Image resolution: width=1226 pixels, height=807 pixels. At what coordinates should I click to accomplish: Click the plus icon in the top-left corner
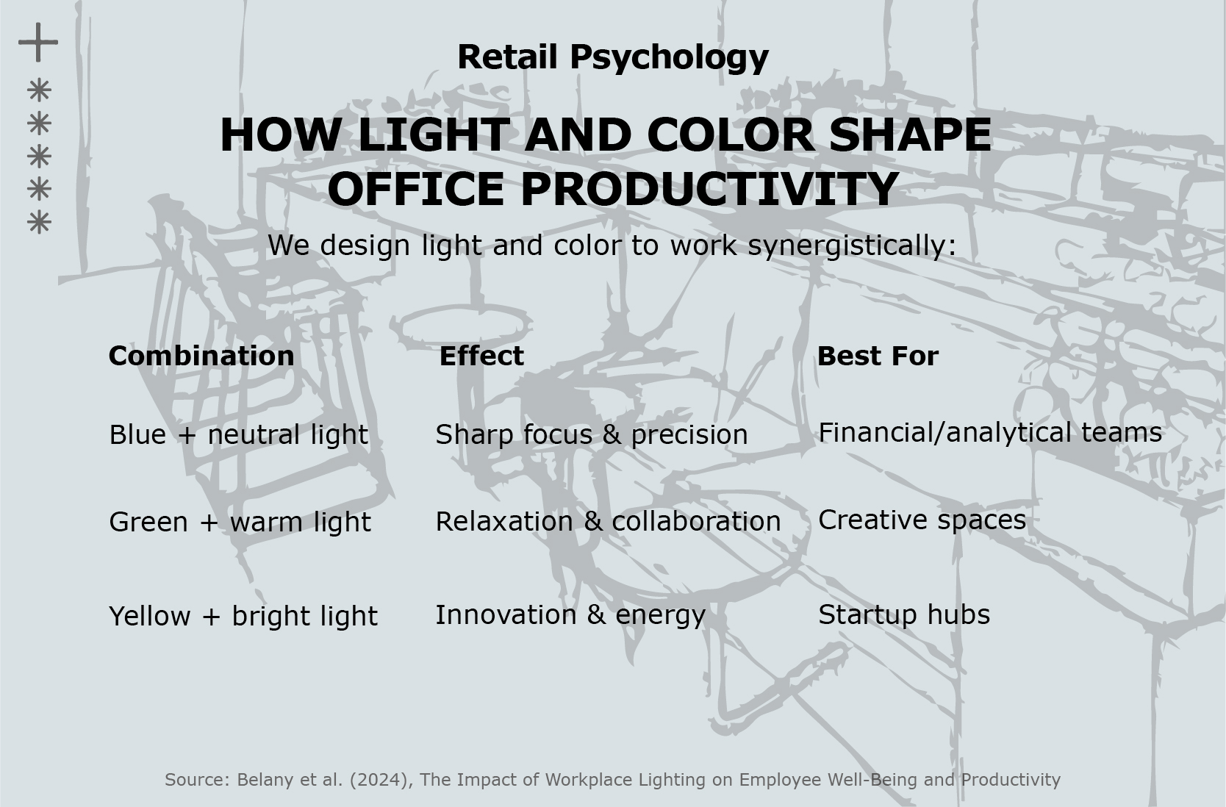[38, 42]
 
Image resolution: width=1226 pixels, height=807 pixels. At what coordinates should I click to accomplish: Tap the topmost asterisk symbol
[39, 90]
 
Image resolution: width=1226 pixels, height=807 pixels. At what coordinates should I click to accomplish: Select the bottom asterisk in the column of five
[39, 222]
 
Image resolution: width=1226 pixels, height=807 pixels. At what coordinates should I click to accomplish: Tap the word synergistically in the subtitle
[852, 245]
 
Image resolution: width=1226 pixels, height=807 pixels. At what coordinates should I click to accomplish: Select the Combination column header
[201, 356]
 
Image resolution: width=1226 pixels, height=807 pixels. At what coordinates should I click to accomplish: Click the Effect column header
[481, 356]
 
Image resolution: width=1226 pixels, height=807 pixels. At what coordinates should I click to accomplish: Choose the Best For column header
[878, 356]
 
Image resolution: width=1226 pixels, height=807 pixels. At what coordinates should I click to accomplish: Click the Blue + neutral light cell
[239, 435]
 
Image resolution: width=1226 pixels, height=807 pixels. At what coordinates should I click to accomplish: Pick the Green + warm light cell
[240, 522]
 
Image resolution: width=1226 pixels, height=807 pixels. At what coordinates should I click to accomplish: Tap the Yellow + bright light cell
[243, 616]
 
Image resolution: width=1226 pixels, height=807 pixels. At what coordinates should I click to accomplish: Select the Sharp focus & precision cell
[592, 435]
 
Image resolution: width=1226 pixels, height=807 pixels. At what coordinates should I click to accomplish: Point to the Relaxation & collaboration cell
[608, 521]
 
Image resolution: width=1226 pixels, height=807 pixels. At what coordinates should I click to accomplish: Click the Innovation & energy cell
[570, 615]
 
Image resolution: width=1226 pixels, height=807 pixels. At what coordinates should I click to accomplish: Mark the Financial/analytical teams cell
[990, 433]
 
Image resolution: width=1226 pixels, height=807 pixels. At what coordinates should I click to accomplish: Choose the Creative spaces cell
[922, 520]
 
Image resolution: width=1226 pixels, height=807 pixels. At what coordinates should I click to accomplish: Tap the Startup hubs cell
[904, 615]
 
